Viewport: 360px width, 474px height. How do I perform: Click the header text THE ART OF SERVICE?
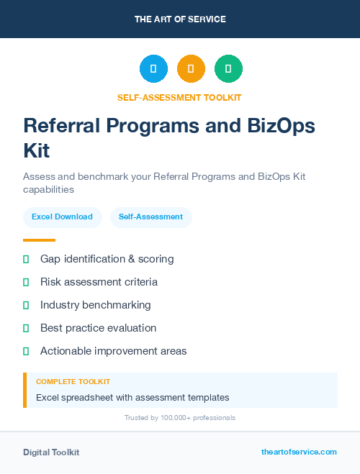coord(180,19)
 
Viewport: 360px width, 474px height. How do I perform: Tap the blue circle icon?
coord(153,69)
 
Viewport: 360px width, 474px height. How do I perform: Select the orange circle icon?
coord(191,69)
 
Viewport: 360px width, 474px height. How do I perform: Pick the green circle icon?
coord(228,69)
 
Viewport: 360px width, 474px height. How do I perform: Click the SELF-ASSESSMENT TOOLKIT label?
coord(180,97)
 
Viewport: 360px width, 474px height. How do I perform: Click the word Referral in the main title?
coord(60,125)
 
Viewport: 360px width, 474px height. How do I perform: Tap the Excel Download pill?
coord(62,217)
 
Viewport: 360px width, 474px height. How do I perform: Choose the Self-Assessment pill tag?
coord(150,217)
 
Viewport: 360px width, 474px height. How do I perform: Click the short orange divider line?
coord(39,240)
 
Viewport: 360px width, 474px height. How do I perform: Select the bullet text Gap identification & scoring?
coord(107,259)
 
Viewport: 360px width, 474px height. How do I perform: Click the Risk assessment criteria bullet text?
coord(99,282)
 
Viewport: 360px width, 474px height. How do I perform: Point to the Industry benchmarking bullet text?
coord(95,305)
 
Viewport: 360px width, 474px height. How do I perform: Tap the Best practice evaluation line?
coord(98,328)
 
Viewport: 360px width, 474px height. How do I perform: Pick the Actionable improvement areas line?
coord(113,351)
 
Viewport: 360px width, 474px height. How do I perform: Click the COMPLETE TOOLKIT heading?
coord(73,381)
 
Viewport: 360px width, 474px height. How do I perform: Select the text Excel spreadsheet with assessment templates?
coord(132,397)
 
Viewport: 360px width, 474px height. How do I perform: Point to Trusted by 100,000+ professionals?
coord(180,418)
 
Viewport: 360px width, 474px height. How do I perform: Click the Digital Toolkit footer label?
coord(51,452)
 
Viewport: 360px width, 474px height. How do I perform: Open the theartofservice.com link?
coord(299,452)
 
